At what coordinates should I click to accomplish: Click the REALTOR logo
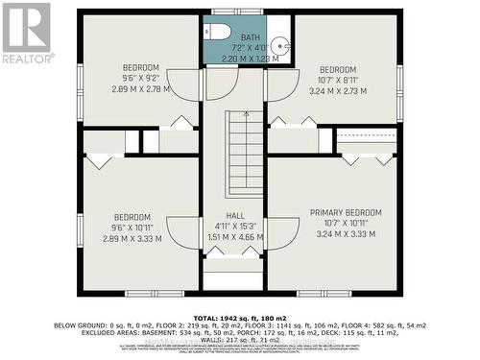[x=26, y=33]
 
